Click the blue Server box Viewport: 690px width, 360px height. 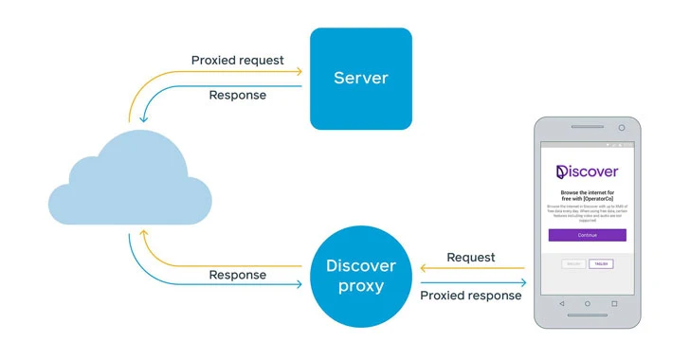pos(361,79)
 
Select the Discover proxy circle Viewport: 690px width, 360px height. pos(361,276)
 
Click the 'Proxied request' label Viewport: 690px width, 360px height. pos(237,61)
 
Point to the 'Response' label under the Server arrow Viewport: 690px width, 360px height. pos(237,96)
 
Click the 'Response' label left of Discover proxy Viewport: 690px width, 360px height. pos(237,276)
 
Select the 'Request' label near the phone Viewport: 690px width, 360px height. pos(471,257)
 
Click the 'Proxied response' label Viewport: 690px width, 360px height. pos(471,296)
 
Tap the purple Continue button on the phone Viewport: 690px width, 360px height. pos(587,234)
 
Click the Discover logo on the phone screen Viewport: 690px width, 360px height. pos(587,171)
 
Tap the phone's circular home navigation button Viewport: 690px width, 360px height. pos(587,303)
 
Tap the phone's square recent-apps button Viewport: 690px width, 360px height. pos(614,303)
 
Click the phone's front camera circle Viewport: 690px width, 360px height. pos(622,127)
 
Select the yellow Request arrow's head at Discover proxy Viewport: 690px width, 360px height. pos(423,269)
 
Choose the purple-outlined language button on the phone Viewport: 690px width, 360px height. pos(600,263)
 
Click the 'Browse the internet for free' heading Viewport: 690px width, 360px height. pos(587,194)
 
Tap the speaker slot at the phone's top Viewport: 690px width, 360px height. pos(587,127)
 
